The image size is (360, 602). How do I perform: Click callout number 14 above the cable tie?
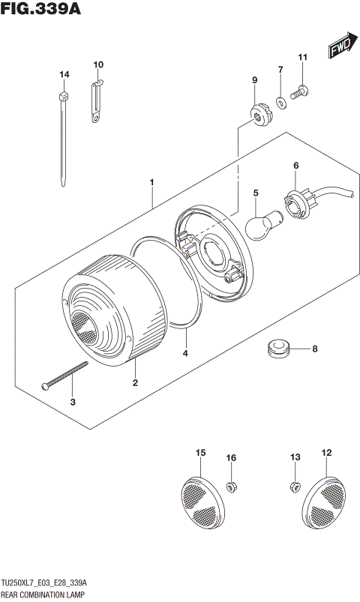(64, 74)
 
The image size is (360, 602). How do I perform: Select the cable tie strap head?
(64, 96)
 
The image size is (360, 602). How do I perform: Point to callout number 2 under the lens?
(135, 383)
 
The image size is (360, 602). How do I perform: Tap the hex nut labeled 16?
(232, 487)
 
